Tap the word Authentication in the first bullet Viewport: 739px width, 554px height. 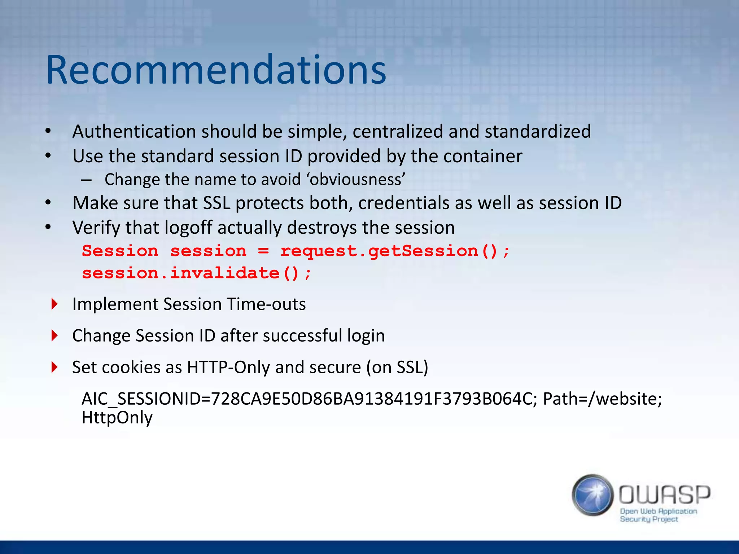134,131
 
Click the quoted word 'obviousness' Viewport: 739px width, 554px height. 357,179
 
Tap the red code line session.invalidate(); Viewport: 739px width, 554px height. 196,273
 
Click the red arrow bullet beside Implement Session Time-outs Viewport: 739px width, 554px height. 54,304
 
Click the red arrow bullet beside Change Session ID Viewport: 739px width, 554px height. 54,335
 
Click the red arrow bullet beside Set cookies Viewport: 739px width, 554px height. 54,367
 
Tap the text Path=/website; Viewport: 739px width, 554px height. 602,399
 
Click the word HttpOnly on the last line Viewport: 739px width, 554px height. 117,418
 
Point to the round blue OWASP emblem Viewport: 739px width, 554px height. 592,495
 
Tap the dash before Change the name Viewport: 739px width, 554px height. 86,180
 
